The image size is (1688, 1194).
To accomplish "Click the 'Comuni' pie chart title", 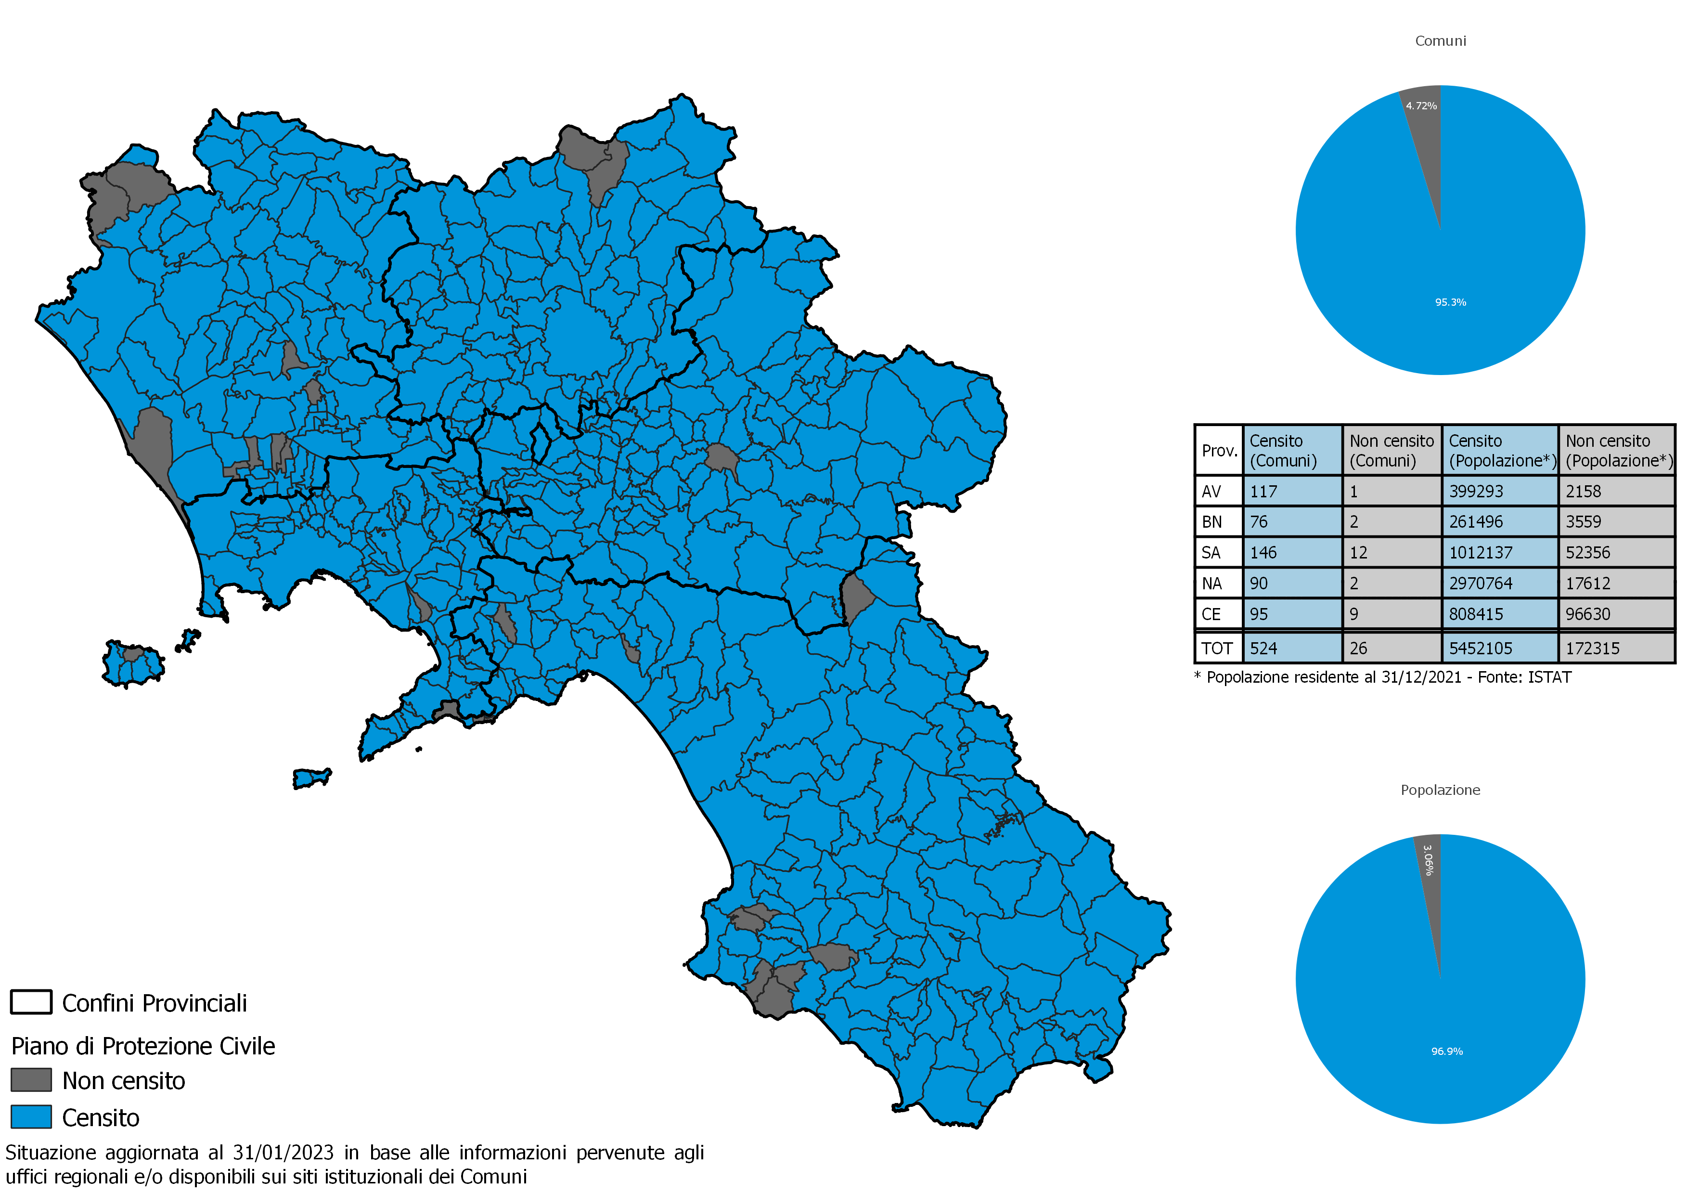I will click(1440, 41).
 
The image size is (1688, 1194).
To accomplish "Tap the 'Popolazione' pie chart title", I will click(1440, 791).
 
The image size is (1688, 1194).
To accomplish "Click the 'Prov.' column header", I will click(1219, 451).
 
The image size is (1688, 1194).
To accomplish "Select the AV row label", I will click(1211, 491).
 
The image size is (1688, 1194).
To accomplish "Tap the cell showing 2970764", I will click(1480, 584).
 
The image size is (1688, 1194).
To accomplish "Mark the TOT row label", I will click(1217, 649).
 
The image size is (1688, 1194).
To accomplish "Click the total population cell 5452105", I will click(1480, 649).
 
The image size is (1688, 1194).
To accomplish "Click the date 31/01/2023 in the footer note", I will click(283, 1153).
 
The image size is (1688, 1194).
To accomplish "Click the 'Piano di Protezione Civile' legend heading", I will click(143, 1046).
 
